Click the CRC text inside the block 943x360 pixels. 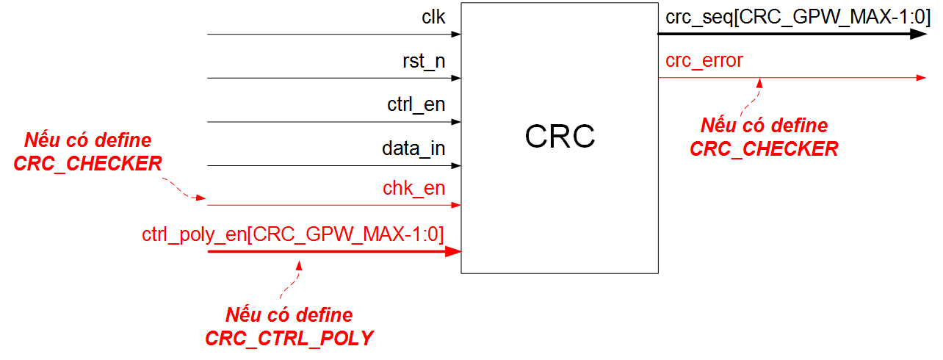tap(559, 137)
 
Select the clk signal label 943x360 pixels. tap(433, 17)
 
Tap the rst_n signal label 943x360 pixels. tap(424, 61)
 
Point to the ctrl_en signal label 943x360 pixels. tap(416, 104)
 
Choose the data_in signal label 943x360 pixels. tap(413, 148)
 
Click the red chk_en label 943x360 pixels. tap(413, 188)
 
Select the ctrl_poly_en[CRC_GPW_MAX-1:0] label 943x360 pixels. tap(293, 234)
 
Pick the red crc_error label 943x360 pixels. tap(704, 60)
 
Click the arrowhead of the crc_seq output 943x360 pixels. tap(919, 34)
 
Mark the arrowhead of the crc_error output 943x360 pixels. tap(921, 77)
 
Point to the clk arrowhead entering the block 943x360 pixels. tap(456, 34)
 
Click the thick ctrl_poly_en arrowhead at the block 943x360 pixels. tap(453, 251)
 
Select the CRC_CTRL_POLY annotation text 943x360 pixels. tap(289, 339)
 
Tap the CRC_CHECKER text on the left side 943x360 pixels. tap(87, 164)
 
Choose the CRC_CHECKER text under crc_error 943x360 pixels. tap(764, 149)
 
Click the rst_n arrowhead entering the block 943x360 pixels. tap(456, 77)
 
